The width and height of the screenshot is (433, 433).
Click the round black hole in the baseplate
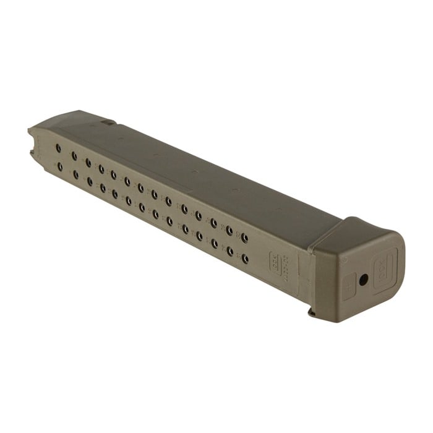[x=363, y=280]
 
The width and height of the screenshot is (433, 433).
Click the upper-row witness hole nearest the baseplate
[x=244, y=237]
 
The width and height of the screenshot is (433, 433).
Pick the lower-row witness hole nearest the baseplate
[x=245, y=257]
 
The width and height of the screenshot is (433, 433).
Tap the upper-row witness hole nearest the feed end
[x=58, y=148]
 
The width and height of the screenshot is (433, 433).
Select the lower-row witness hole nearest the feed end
[x=59, y=166]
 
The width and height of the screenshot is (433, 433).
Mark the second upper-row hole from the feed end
[x=74, y=156]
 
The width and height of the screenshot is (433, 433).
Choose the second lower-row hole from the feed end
[x=75, y=175]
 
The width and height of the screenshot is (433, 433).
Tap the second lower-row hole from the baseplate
[x=229, y=251]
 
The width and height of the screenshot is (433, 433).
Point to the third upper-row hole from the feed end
[x=88, y=162]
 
